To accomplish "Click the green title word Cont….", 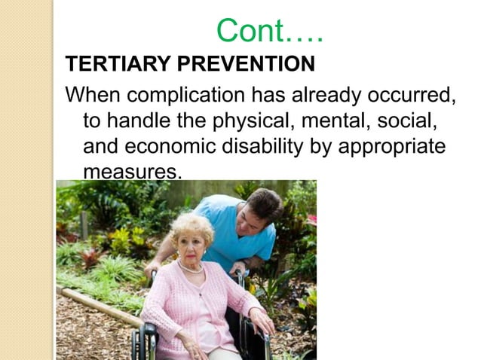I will click(x=269, y=31).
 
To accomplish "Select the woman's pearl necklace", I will click(x=189, y=268).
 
